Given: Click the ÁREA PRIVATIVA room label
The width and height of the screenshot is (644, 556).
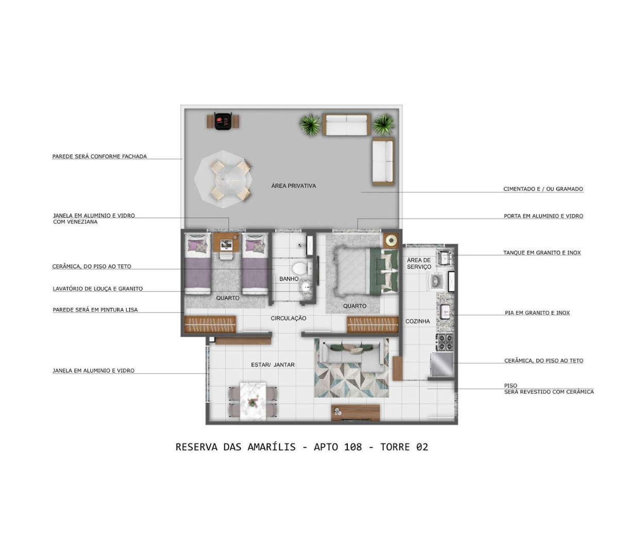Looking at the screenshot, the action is click(x=294, y=186).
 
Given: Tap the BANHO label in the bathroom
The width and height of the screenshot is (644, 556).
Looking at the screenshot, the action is click(x=289, y=279).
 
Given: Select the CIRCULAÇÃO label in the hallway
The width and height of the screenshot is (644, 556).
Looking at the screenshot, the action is click(x=288, y=318).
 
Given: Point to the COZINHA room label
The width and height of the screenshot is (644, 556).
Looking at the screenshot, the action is click(x=417, y=321).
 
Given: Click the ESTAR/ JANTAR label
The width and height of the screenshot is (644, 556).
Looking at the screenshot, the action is click(x=273, y=364).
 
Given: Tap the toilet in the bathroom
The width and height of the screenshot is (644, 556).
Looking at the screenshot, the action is click(x=302, y=268).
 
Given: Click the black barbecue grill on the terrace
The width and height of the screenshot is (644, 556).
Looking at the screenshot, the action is click(x=223, y=121).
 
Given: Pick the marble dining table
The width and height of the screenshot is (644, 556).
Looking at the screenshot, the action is click(x=253, y=401).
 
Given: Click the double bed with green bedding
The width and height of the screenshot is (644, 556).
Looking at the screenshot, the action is click(x=366, y=270).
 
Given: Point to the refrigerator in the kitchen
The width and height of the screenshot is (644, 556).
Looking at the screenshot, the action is click(x=442, y=364).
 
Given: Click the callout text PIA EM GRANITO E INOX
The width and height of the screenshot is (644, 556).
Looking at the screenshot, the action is click(x=537, y=313).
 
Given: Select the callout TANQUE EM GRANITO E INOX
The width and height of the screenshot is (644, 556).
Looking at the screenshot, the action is click(x=542, y=253).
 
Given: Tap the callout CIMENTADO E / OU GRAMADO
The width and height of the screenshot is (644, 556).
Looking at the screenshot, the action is click(x=543, y=189).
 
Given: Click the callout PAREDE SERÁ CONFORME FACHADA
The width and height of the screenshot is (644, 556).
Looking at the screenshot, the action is click(x=99, y=157).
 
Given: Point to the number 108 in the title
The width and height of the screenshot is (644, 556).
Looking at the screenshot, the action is click(x=353, y=447).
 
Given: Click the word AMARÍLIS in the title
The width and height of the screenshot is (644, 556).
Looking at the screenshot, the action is click(x=272, y=447).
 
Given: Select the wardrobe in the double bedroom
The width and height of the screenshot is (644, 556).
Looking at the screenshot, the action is click(x=373, y=325).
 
